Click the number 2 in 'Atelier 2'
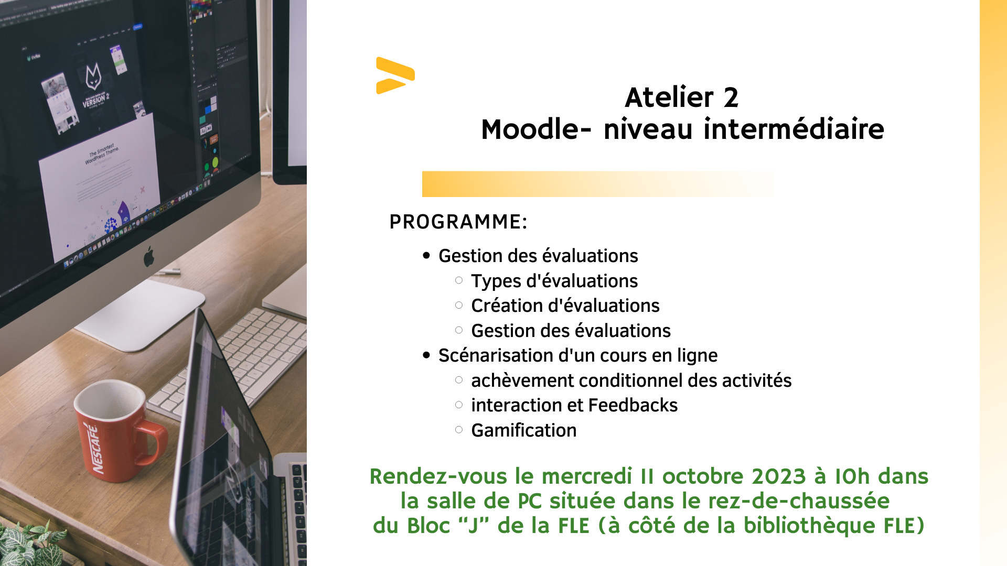(731, 97)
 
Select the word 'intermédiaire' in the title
(794, 129)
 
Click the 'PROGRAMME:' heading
(458, 222)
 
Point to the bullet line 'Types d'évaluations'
(554, 281)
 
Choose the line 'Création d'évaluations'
(565, 306)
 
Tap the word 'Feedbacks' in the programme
(633, 405)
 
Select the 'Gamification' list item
(524, 430)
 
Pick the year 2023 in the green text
(778, 476)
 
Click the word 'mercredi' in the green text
(586, 476)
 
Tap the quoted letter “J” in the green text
(473, 525)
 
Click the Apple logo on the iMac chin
(149, 256)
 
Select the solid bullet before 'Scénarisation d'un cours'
(426, 355)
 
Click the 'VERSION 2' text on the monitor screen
(96, 100)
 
